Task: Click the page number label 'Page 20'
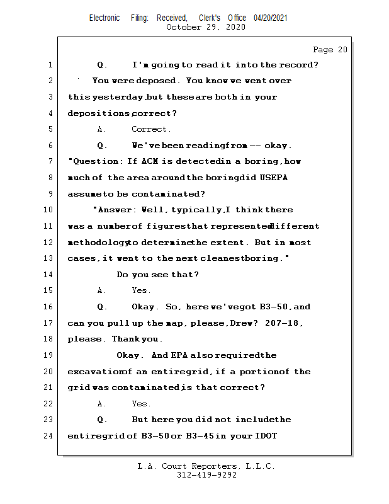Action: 330,50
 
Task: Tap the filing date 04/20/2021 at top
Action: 271,18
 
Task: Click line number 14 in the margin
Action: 49,275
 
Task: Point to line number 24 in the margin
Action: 49,436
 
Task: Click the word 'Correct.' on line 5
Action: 151,129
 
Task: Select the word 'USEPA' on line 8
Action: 274,178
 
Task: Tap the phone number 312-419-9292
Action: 206,476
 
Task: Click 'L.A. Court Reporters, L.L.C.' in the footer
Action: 206,467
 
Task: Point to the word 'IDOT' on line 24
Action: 265,436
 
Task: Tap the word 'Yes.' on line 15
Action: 141,290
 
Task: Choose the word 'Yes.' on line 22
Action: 141,404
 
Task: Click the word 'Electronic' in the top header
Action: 104,18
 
